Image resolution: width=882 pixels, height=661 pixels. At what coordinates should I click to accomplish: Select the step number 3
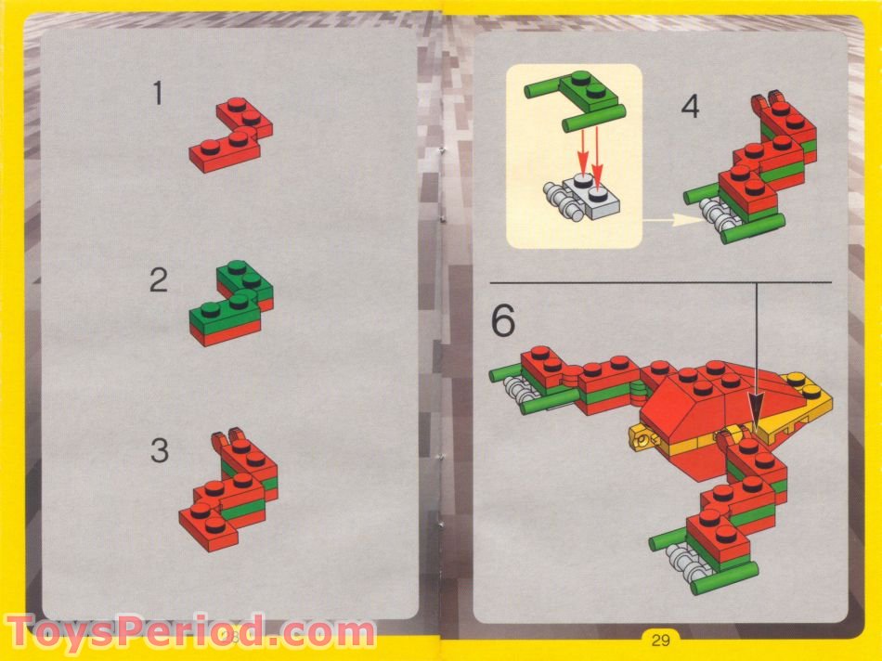(x=160, y=452)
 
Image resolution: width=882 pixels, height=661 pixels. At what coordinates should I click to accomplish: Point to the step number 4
(x=690, y=107)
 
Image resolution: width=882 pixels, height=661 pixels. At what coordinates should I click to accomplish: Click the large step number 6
(x=502, y=321)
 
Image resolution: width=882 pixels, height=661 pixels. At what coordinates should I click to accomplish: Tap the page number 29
(x=660, y=639)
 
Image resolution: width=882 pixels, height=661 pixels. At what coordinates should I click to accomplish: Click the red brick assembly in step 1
(x=231, y=135)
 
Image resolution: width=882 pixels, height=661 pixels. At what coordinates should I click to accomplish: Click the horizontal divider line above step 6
(x=659, y=281)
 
